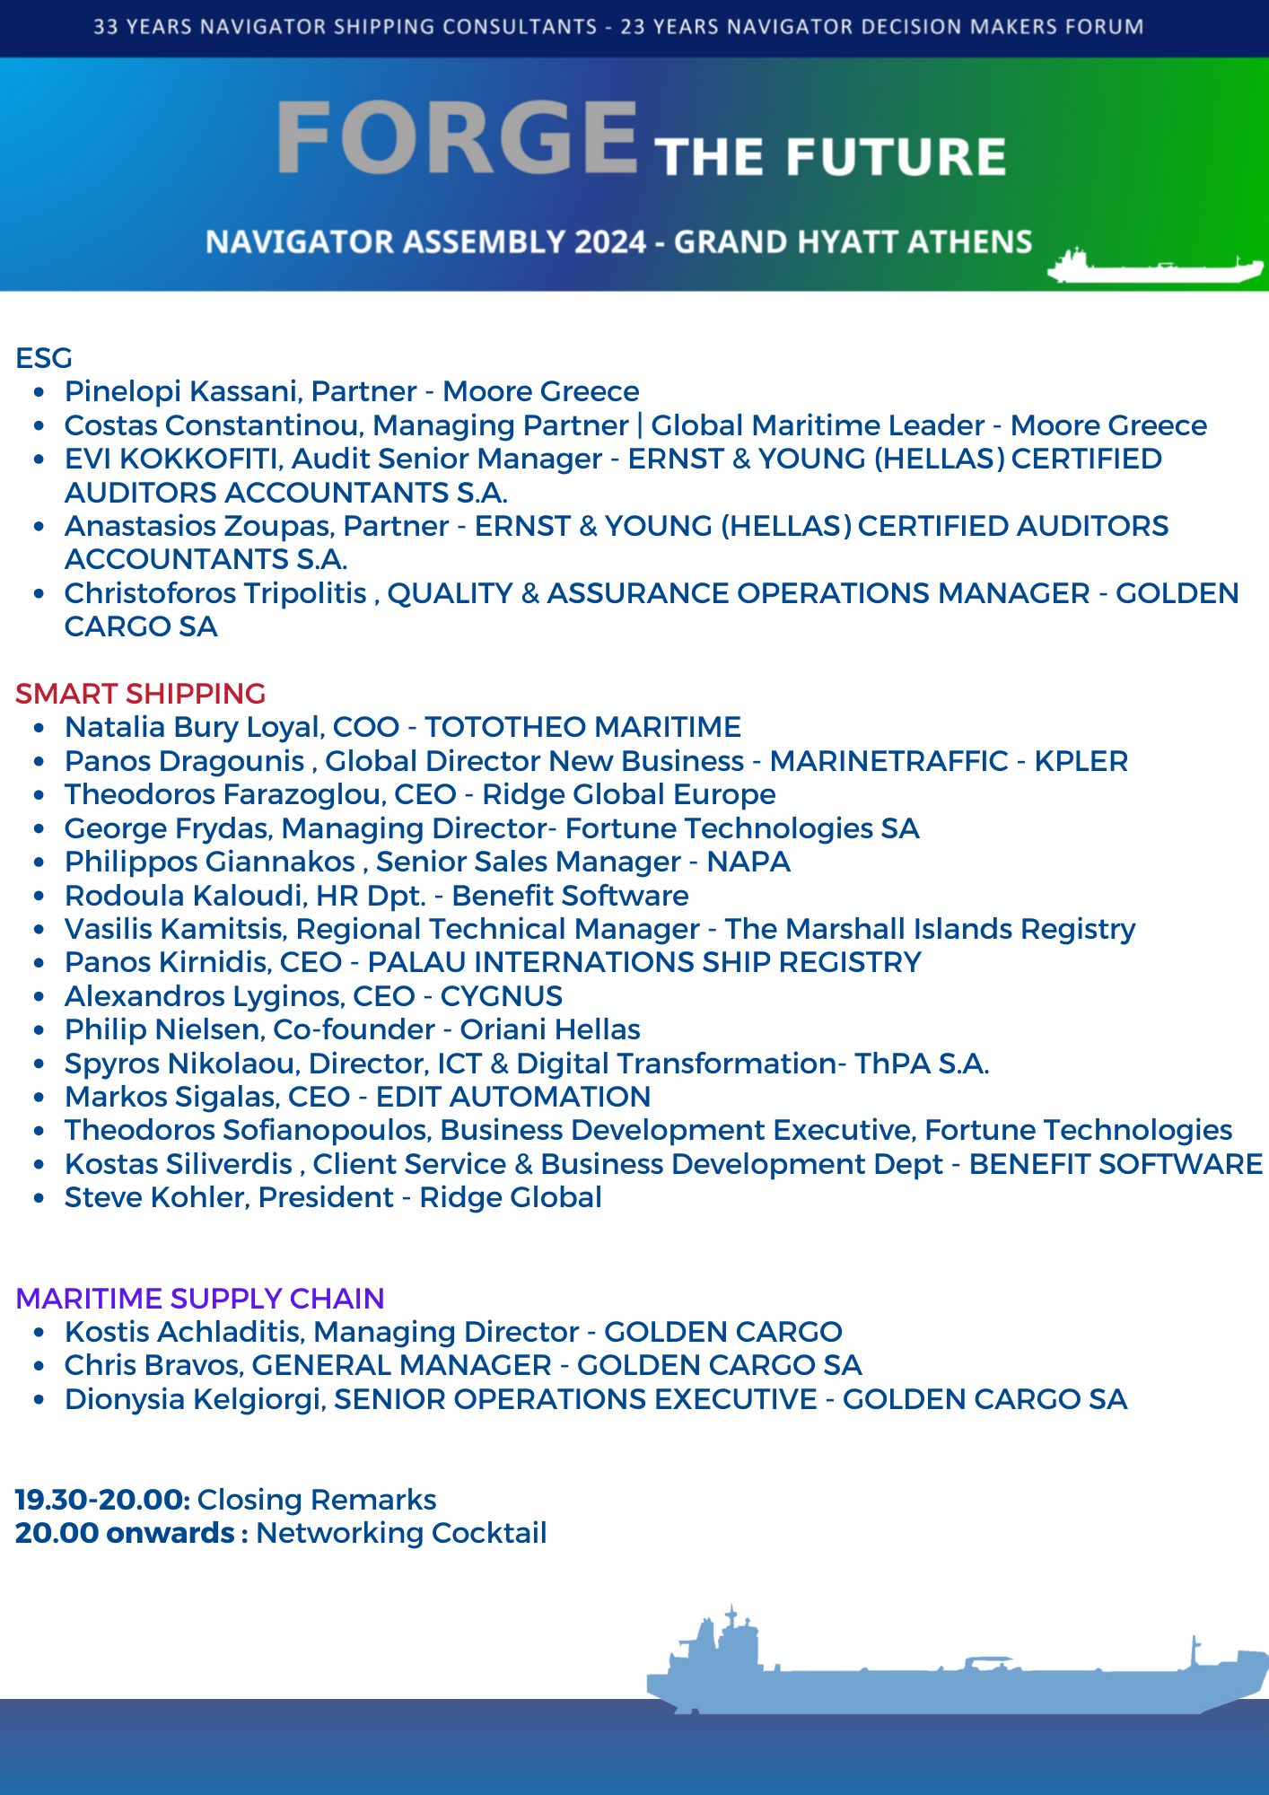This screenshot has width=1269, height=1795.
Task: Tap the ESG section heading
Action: tap(44, 358)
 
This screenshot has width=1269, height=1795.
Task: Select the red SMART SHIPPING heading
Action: tap(140, 694)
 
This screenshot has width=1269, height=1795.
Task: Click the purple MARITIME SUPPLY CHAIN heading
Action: tap(199, 1299)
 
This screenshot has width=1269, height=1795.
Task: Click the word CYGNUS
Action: tap(501, 996)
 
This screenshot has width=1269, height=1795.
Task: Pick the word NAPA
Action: tap(748, 862)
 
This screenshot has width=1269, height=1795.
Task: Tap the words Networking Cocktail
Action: tap(401, 1533)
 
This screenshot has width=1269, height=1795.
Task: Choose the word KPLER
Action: tap(1081, 761)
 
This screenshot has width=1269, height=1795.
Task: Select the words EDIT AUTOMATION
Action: tap(512, 1097)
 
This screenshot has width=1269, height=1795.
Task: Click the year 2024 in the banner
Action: tap(610, 242)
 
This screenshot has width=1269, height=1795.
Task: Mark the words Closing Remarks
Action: tap(317, 1500)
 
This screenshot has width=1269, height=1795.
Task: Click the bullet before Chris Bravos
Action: tap(39, 1366)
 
